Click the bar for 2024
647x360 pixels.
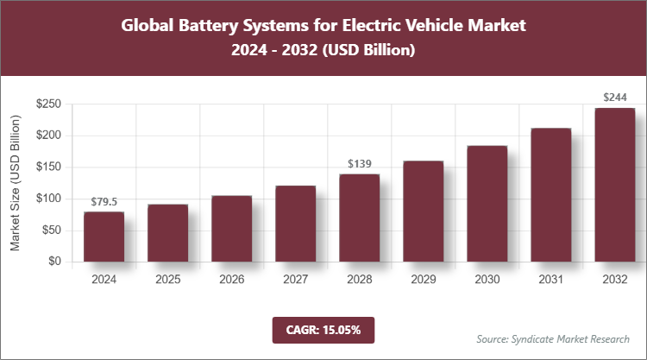[104, 237]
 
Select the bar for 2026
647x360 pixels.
[231, 229]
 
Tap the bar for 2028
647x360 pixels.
[359, 218]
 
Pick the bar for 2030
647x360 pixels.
[487, 204]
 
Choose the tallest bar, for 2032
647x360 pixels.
[614, 185]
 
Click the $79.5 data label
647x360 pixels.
[104, 201]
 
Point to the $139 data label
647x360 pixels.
[359, 163]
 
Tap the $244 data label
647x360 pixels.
[614, 98]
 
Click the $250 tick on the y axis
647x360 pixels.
[47, 104]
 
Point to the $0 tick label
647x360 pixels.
[53, 262]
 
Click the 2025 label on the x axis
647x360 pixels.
[167, 280]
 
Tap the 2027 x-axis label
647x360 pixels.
[295, 280]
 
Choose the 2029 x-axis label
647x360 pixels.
[423, 280]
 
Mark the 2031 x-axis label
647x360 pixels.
[550, 280]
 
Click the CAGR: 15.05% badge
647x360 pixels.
[323, 329]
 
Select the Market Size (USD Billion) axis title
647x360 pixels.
[15, 182]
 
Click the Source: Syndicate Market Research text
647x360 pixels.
[553, 338]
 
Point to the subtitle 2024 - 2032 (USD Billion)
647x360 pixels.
[323, 51]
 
